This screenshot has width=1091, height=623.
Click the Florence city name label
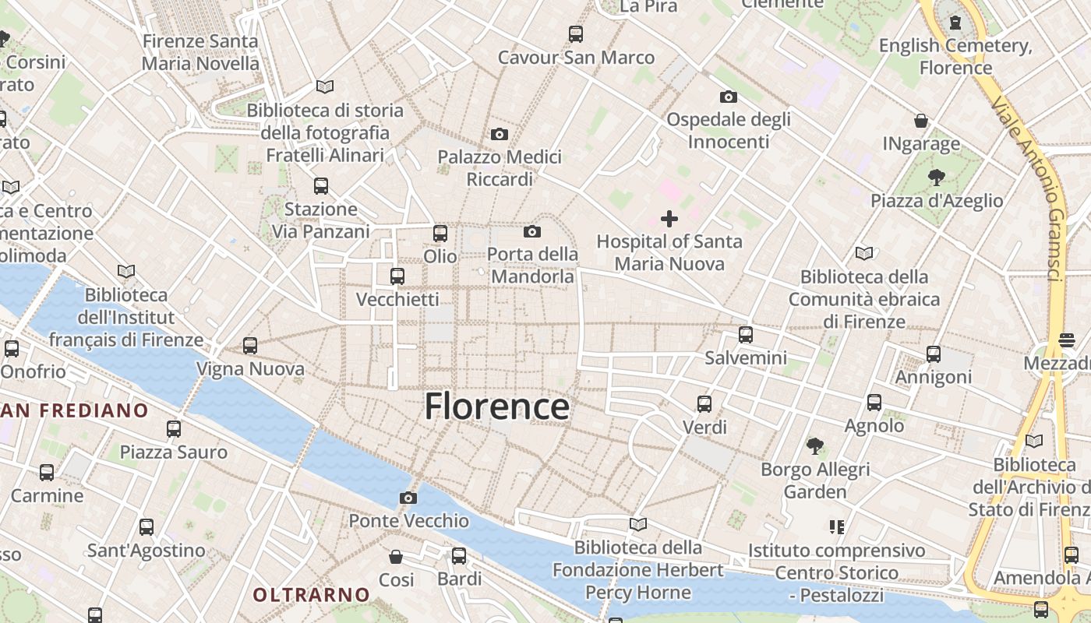pos(496,407)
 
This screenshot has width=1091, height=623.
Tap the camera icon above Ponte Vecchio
pos(408,498)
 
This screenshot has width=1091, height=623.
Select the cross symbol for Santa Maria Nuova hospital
pos(669,219)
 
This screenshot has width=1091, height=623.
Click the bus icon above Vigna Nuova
pos(250,345)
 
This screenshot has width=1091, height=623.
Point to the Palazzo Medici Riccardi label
pos(500,168)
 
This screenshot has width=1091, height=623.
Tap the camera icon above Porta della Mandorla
pos(532,231)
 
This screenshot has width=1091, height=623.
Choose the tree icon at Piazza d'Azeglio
pos(936,178)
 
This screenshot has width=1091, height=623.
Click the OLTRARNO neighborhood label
pos(311,595)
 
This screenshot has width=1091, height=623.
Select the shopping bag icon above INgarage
pos(921,121)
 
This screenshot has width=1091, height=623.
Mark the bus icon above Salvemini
pos(746,335)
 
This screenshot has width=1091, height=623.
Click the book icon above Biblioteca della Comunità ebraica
pos(864,253)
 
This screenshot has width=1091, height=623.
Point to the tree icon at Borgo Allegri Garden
pos(815,446)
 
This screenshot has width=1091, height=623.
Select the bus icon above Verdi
pos(704,403)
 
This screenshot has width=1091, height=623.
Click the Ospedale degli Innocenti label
pos(729,131)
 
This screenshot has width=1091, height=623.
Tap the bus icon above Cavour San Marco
pos(576,34)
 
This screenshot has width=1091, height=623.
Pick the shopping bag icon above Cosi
pos(396,557)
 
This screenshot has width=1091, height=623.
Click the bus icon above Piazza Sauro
pos(174,428)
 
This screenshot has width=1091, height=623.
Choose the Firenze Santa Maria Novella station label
pos(200,52)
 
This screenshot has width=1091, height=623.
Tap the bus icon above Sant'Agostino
pos(147,527)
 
